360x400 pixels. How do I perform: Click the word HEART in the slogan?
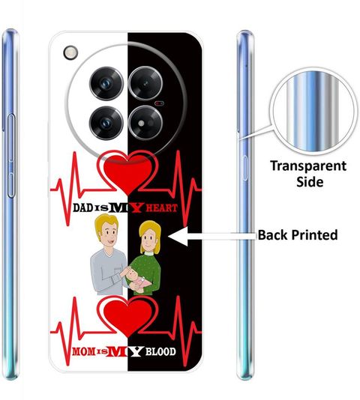(x=162, y=208)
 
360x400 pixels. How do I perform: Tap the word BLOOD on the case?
(x=160, y=352)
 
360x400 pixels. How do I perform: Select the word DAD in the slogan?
(x=82, y=208)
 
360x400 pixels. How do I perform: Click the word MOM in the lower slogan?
(x=83, y=351)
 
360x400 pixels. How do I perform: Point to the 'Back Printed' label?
(x=298, y=235)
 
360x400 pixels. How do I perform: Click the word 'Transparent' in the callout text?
(x=308, y=166)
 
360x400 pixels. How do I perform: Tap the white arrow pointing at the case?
(x=212, y=236)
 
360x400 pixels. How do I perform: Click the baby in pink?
(x=136, y=280)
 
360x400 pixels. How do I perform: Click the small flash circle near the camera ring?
(x=70, y=52)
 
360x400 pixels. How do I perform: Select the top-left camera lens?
(x=106, y=83)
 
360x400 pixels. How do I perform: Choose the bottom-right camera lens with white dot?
(x=145, y=123)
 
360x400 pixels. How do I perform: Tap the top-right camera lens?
(x=145, y=83)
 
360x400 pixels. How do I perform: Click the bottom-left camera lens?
(x=106, y=123)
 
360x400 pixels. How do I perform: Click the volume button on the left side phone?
(x=11, y=156)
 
